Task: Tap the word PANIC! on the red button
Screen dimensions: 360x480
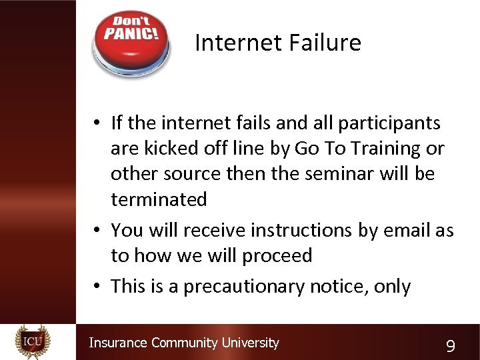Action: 131,33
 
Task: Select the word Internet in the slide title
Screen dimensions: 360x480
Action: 231,43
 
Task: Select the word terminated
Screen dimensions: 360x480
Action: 159,199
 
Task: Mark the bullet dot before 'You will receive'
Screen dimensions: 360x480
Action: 97,231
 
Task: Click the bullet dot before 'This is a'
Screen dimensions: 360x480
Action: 97,287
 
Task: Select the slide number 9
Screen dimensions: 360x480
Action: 451,345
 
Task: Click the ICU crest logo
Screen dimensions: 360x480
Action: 33,341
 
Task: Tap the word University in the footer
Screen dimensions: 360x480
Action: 250,343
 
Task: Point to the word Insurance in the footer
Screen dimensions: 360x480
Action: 118,343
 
